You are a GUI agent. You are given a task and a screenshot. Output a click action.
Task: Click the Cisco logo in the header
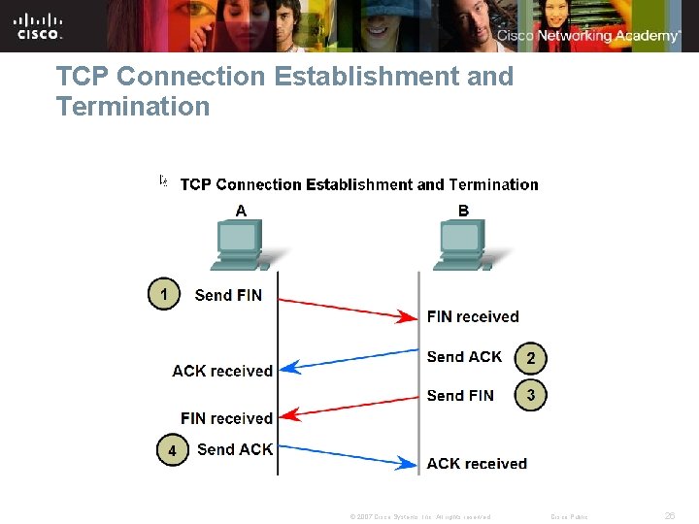(x=39, y=26)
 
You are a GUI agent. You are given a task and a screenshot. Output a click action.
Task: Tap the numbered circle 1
(x=164, y=294)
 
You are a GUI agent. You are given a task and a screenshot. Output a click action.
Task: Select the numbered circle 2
(x=530, y=358)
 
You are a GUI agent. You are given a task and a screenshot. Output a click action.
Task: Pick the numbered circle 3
(x=530, y=395)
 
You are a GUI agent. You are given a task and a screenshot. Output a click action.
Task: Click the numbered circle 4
(x=172, y=451)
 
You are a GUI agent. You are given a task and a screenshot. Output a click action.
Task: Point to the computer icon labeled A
(x=241, y=245)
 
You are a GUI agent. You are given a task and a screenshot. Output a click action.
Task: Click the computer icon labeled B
(x=463, y=245)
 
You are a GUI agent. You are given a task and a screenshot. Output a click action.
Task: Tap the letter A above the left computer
(x=241, y=210)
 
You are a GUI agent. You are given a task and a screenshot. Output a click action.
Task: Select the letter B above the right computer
(x=463, y=210)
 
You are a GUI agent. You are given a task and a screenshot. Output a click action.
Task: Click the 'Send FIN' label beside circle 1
(x=228, y=295)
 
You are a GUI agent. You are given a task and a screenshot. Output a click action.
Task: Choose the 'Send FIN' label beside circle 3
(x=460, y=395)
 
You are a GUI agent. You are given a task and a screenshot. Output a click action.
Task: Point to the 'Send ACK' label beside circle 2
(x=464, y=357)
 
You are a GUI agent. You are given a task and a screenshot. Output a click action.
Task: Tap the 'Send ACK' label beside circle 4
(x=235, y=449)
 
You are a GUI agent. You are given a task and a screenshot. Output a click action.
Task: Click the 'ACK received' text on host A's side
(x=222, y=371)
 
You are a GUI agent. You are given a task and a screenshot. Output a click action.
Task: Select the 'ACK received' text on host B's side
(x=477, y=464)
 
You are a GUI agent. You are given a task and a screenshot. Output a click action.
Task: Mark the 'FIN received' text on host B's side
(x=473, y=316)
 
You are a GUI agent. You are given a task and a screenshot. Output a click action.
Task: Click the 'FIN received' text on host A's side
(x=226, y=418)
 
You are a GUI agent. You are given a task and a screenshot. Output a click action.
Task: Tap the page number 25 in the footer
(x=669, y=516)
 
